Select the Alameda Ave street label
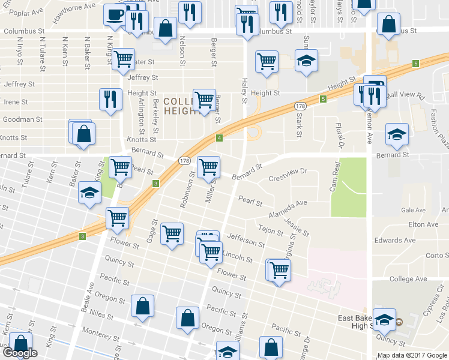point(288,203)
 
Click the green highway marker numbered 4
point(220,138)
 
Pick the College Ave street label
point(408,279)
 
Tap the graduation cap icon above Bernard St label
point(396,134)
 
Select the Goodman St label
point(22,119)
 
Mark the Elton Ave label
point(424,224)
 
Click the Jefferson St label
point(246,241)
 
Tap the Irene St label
point(16,102)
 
